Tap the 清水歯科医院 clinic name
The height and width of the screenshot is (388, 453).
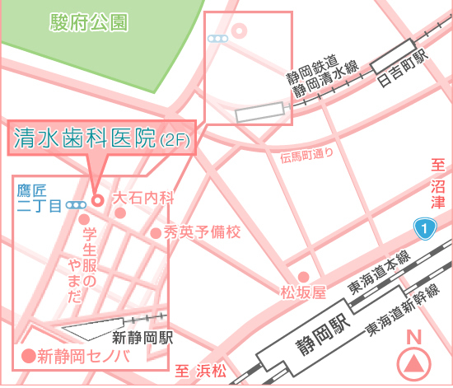coord(84,137)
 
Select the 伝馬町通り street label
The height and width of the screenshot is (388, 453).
coord(306,154)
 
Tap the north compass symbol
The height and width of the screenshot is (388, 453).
coord(414,362)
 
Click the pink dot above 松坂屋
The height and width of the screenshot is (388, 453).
coord(304,276)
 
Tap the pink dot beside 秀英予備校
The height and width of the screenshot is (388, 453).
coord(156,233)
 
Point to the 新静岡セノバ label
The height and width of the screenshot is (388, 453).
coord(84,356)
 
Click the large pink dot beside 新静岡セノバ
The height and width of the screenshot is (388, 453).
coord(27,356)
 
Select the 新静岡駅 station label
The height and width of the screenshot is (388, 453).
coord(142,337)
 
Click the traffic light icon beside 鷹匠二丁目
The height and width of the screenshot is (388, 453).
coord(77,203)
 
